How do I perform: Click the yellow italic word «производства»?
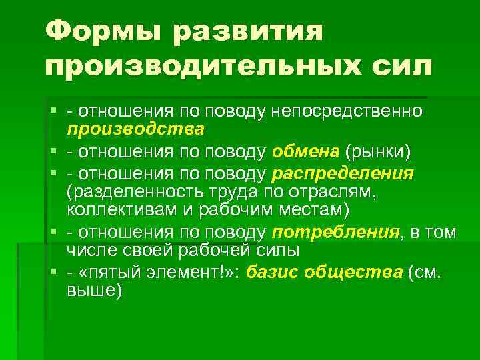tap(135, 127)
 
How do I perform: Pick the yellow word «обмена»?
tap(306, 151)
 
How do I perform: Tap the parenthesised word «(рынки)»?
tap(378, 151)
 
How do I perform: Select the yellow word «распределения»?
tap(343, 175)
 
